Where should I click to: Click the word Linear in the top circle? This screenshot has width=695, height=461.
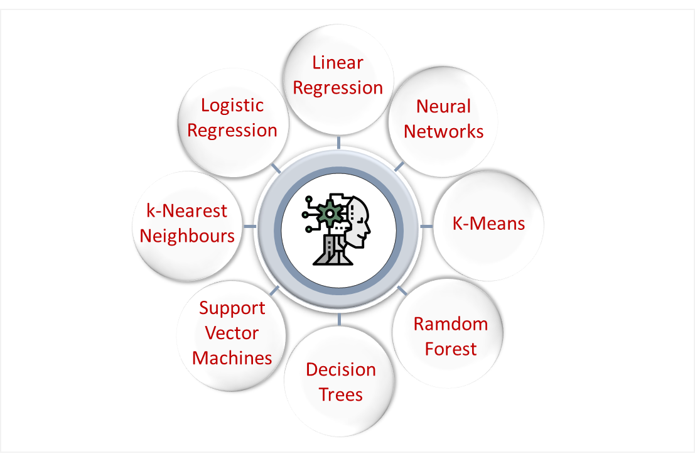coord(338,63)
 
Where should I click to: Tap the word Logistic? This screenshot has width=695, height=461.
coord(232,105)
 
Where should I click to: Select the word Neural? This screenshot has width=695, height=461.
coord(443,106)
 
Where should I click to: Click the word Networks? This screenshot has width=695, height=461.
coord(443,131)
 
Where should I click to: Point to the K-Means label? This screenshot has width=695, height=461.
coord(488,224)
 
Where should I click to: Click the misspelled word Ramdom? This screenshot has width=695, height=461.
coord(450,324)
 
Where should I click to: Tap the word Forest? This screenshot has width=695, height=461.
coord(450,349)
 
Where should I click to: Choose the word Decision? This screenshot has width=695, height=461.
coord(340,369)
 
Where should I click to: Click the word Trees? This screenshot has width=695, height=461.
coord(340,394)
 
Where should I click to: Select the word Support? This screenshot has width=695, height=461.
coord(232,308)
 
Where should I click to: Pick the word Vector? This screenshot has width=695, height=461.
coord(232,333)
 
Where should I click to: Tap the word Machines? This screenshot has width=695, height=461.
coord(232,358)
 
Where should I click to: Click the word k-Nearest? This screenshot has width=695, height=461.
coord(186,210)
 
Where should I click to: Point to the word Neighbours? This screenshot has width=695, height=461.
coord(186,236)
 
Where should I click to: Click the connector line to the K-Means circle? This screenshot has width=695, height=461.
coord(426,225)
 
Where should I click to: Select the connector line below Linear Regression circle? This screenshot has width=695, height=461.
coord(339,143)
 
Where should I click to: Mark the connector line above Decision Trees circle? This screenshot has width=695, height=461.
coord(339,319)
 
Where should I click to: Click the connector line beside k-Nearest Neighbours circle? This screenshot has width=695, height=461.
coord(250,225)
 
